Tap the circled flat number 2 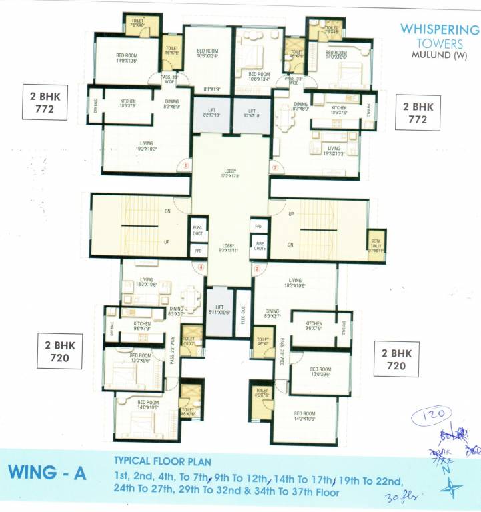click(x=274, y=167)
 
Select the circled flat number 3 click(x=256, y=269)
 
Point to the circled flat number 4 click(x=200, y=269)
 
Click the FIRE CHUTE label click(x=259, y=247)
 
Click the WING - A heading click(x=47, y=473)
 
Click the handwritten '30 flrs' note click(x=400, y=496)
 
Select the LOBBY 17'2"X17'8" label click(x=230, y=175)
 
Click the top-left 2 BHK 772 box click(x=45, y=102)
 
